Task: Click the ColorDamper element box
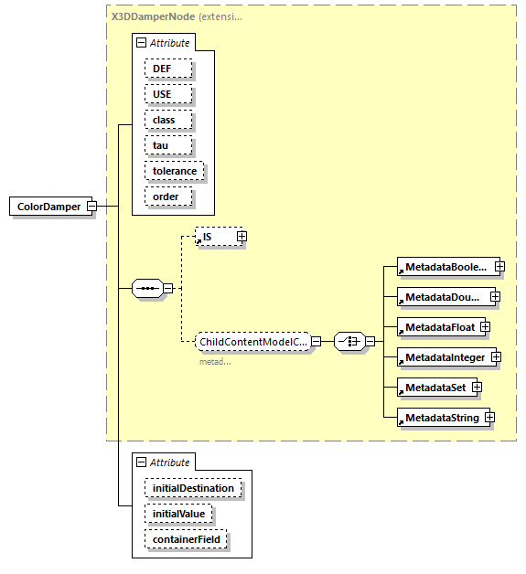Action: point(48,207)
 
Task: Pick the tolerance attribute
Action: point(175,171)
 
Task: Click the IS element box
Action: point(215,237)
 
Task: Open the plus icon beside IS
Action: point(242,237)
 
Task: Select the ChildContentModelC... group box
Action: point(252,341)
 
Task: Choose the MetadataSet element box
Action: point(434,388)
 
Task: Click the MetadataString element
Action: point(440,418)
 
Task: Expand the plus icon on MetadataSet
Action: point(477,388)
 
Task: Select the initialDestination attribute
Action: point(193,488)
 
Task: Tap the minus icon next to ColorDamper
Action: point(91,207)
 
